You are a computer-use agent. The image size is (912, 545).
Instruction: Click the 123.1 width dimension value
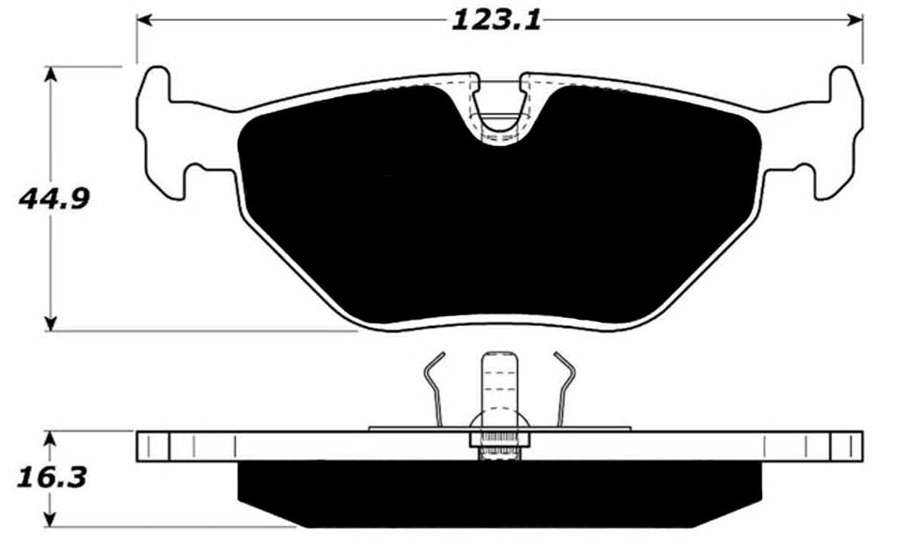(x=496, y=19)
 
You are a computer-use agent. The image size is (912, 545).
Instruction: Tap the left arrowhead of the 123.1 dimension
(x=144, y=19)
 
